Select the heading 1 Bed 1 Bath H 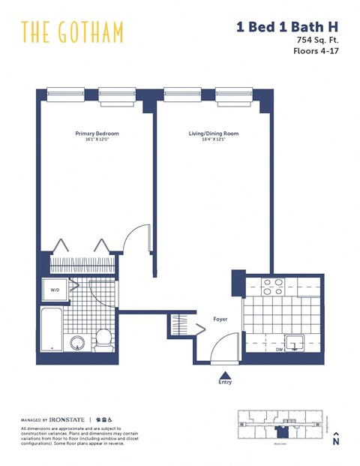[286, 27]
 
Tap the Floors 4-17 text [316, 52]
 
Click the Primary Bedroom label [97, 134]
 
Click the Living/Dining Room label [213, 134]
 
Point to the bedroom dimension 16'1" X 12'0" [97, 140]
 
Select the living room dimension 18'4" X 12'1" [213, 140]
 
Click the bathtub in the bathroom [51, 329]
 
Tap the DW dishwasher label [280, 348]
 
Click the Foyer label [220, 319]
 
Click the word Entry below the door [225, 382]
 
